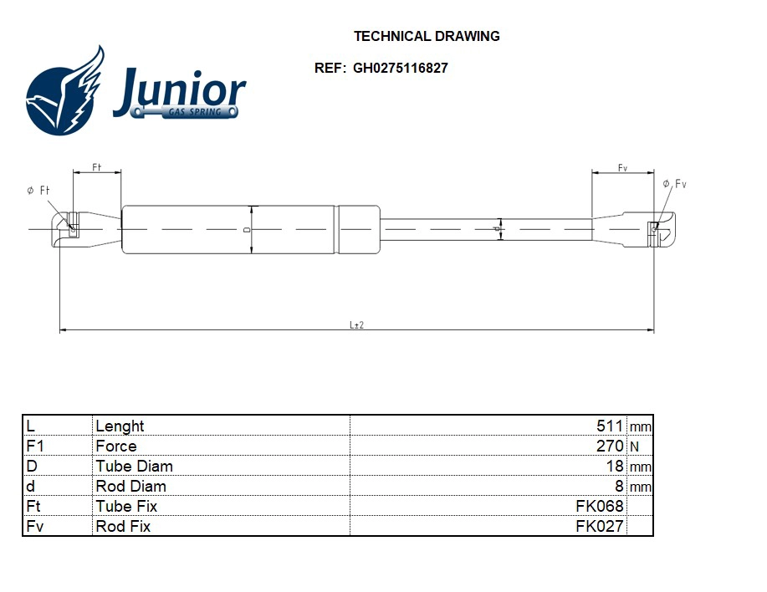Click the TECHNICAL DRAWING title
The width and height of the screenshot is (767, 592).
pyautogui.click(x=427, y=36)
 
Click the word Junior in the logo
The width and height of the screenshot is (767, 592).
pyautogui.click(x=179, y=89)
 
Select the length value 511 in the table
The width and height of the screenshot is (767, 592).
pyautogui.click(x=610, y=426)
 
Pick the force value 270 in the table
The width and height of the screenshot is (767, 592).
pyautogui.click(x=610, y=446)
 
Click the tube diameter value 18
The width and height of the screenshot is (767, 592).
pyautogui.click(x=615, y=466)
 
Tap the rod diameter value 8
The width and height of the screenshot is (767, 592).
pyautogui.click(x=619, y=486)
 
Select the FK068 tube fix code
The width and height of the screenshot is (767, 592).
pyautogui.click(x=600, y=506)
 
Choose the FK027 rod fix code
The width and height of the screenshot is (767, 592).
pyautogui.click(x=600, y=526)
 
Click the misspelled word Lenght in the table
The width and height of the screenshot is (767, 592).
pyautogui.click(x=120, y=426)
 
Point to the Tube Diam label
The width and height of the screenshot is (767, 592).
pyautogui.click(x=134, y=466)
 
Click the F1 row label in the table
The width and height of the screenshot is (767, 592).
pyautogui.click(x=34, y=446)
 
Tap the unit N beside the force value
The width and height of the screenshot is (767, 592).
pyautogui.click(x=634, y=447)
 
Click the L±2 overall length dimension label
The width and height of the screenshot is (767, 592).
pyautogui.click(x=356, y=325)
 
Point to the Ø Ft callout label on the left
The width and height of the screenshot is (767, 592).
pyautogui.click(x=38, y=191)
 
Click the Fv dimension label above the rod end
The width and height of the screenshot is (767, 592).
pyautogui.click(x=622, y=168)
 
